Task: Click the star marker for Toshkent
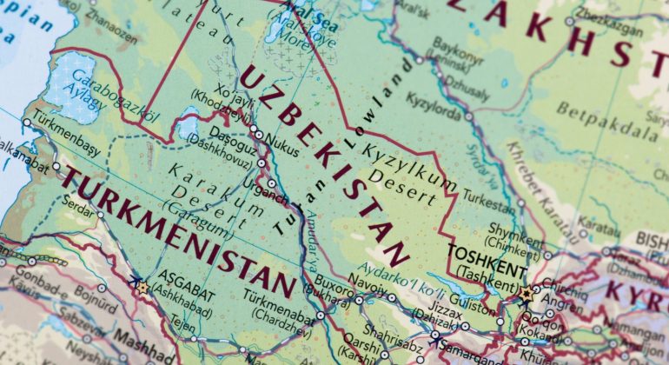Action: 527,293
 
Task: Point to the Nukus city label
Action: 282,137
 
